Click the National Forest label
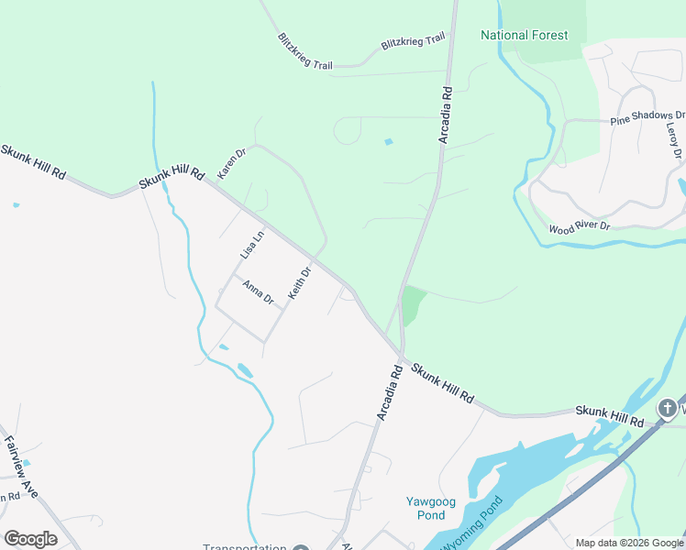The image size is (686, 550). click(x=525, y=36)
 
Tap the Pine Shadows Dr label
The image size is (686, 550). click(x=647, y=117)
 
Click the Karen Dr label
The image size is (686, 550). click(x=231, y=163)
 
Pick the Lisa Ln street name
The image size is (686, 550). click(x=252, y=244)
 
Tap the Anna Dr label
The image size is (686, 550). click(x=259, y=292)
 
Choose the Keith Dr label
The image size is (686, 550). click(x=300, y=282)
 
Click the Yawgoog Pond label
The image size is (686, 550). click(x=426, y=508)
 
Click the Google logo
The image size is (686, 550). click(x=30, y=539)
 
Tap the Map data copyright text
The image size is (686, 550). click(x=629, y=543)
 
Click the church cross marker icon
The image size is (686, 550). click(x=669, y=407)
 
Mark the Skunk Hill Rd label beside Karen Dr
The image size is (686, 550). click(x=171, y=171)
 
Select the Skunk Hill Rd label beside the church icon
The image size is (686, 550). click(x=610, y=415)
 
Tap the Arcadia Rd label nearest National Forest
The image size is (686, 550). click(x=446, y=115)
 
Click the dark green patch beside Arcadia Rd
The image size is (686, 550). click(x=413, y=303)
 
